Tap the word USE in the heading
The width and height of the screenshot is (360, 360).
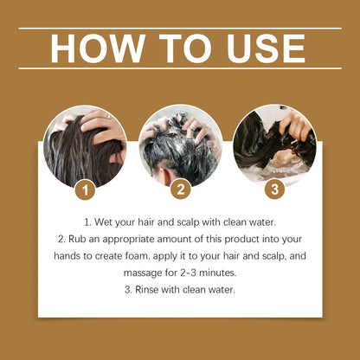coord(262,48)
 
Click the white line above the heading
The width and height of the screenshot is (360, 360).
coord(180,29)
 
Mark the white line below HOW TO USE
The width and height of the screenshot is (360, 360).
coord(180,68)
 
